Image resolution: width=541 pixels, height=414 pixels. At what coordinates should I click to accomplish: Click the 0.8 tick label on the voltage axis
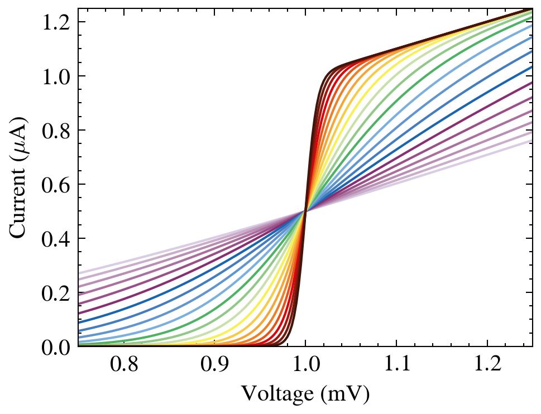pos(123,365)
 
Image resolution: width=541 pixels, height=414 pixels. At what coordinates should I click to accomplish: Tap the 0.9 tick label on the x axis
pos(214,365)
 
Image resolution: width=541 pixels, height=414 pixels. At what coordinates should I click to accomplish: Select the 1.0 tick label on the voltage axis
pos(305,365)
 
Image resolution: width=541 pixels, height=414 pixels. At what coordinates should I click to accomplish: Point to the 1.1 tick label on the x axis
pos(396,365)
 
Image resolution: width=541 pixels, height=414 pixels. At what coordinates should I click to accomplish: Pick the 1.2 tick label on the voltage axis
pos(487,365)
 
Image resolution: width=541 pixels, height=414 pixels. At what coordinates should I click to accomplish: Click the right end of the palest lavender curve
pos(531,141)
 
